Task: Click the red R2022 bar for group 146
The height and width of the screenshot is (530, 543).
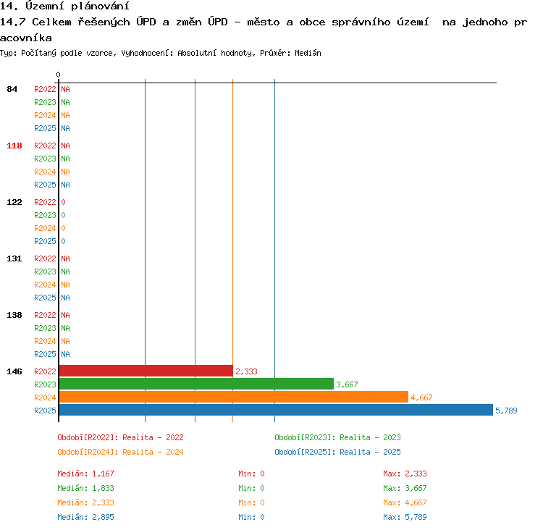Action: (x=146, y=371)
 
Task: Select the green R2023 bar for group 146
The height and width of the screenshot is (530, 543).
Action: (x=196, y=384)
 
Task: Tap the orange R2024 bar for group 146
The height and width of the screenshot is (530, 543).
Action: (x=234, y=397)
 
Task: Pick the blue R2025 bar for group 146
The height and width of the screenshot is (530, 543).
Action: (x=276, y=410)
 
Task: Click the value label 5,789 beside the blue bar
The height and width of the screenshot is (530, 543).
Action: (x=506, y=411)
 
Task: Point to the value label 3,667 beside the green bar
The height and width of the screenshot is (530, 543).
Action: (x=347, y=384)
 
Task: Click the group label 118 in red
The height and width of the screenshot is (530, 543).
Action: (x=14, y=146)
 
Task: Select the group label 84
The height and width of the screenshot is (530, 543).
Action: (x=12, y=89)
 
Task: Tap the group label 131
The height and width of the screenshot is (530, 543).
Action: (x=14, y=258)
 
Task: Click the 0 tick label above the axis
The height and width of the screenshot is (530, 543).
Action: (x=58, y=75)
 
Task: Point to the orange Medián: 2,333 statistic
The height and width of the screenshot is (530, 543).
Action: (x=85, y=502)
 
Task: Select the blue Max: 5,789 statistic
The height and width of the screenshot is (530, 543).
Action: (x=405, y=517)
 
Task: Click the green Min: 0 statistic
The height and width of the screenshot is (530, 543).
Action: (x=251, y=488)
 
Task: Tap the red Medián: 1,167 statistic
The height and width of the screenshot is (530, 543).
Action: (x=85, y=474)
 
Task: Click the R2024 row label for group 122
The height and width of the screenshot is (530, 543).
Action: (x=45, y=228)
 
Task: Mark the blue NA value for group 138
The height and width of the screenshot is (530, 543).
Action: (x=65, y=354)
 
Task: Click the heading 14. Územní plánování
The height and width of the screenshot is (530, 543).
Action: (x=64, y=6)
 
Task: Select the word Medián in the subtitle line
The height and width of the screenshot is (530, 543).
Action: (x=308, y=53)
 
